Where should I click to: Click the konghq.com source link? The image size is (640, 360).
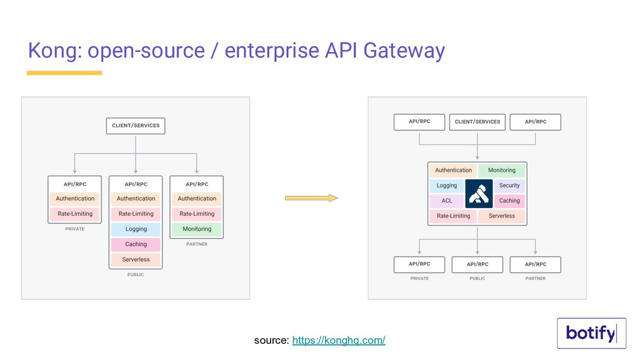pyautogui.click(x=338, y=340)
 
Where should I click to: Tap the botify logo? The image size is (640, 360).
pyautogui.click(x=591, y=333)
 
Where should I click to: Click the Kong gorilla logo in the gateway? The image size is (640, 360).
pyautogui.click(x=479, y=194)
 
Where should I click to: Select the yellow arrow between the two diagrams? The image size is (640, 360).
pyautogui.click(x=311, y=198)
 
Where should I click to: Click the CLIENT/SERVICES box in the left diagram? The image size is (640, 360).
pyautogui.click(x=136, y=126)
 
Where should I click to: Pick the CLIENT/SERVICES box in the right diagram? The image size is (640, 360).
pyautogui.click(x=477, y=122)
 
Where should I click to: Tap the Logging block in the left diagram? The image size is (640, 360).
pyautogui.click(x=136, y=229)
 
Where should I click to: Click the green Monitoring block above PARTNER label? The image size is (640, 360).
pyautogui.click(x=197, y=229)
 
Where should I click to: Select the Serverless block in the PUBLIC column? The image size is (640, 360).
pyautogui.click(x=136, y=259)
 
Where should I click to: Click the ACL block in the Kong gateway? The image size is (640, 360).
pyautogui.click(x=447, y=201)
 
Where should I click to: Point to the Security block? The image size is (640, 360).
pyautogui.click(x=509, y=185)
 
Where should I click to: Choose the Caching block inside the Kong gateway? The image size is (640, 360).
pyautogui.click(x=509, y=201)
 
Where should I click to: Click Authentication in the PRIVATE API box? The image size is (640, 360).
pyautogui.click(x=75, y=199)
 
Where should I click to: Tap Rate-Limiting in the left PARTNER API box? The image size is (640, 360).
pyautogui.click(x=197, y=214)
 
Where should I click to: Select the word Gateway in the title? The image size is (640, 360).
pyautogui.click(x=404, y=51)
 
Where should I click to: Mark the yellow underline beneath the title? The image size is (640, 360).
pyautogui.click(x=64, y=73)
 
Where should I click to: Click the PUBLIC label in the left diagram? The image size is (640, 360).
pyautogui.click(x=136, y=275)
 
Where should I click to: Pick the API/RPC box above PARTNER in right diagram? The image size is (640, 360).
pyautogui.click(x=536, y=264)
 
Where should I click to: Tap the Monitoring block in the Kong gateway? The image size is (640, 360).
pyautogui.click(x=502, y=170)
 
